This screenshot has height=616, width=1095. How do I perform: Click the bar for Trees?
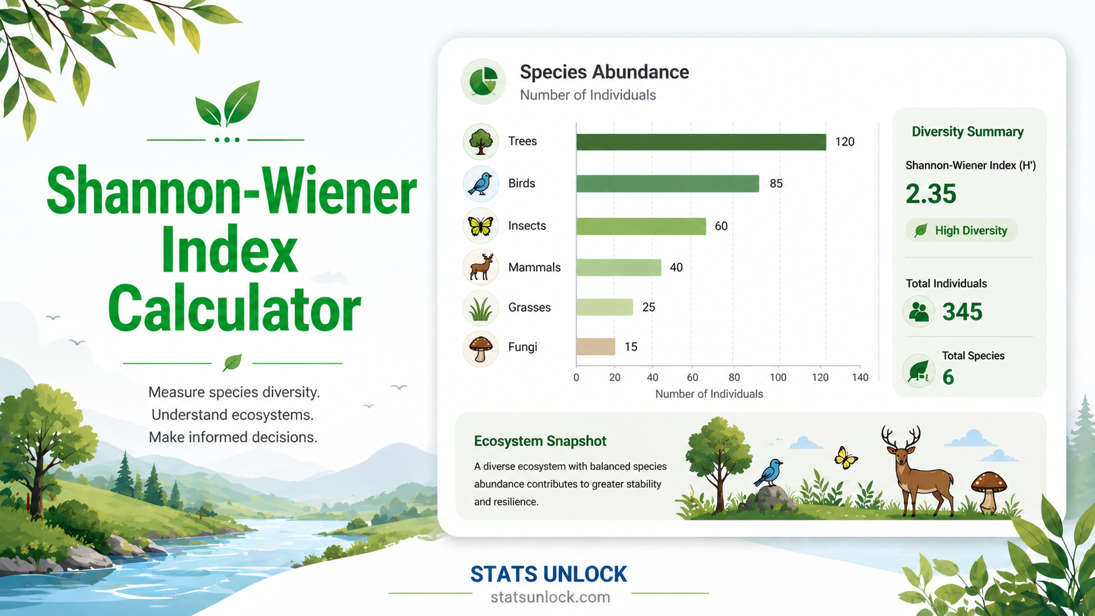pyautogui.click(x=701, y=141)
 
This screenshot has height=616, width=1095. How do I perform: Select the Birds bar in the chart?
pyautogui.click(x=668, y=184)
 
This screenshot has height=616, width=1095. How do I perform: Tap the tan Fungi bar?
pyautogui.click(x=596, y=347)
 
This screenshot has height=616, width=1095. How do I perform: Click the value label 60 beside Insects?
pyautogui.click(x=721, y=226)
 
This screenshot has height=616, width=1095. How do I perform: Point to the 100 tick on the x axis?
pyautogui.click(x=778, y=378)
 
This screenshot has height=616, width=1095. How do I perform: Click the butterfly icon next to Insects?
pyautogui.click(x=481, y=226)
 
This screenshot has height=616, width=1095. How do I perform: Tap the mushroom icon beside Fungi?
pyautogui.click(x=481, y=348)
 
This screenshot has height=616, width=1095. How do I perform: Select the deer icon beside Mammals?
pyautogui.click(x=481, y=268)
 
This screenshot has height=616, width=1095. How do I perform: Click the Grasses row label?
pyautogui.click(x=529, y=307)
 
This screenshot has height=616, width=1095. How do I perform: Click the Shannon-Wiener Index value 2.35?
pyautogui.click(x=931, y=194)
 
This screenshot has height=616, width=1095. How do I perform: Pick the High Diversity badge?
pyautogui.click(x=961, y=230)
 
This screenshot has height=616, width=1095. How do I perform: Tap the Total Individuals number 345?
pyautogui.click(x=962, y=312)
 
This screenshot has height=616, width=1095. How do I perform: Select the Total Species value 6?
pyautogui.click(x=948, y=377)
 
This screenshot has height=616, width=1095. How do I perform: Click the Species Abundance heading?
pyautogui.click(x=604, y=72)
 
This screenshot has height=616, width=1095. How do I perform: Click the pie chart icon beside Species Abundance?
pyautogui.click(x=483, y=81)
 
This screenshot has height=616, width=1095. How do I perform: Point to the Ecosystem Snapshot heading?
pyautogui.click(x=540, y=441)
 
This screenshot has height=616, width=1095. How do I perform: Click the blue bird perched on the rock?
pyautogui.click(x=769, y=473)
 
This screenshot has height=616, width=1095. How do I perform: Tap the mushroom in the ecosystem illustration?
pyautogui.click(x=988, y=492)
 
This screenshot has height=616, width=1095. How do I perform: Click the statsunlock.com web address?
pyautogui.click(x=550, y=597)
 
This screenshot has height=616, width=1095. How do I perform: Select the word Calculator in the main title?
pyautogui.click(x=234, y=309)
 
